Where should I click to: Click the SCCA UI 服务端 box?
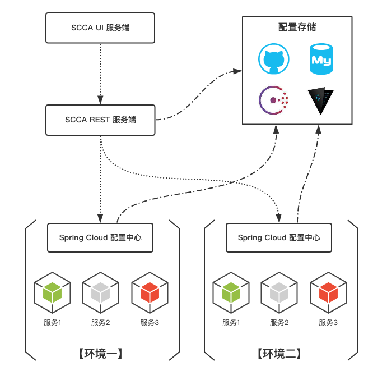[x=100, y=27]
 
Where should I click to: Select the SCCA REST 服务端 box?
[x=100, y=120]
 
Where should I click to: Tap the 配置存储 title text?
[x=297, y=27]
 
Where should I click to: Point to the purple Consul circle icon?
[x=274, y=100]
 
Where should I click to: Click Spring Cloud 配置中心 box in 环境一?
[x=100, y=237]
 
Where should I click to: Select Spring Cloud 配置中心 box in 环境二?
[x=279, y=237]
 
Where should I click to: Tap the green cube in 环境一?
[x=52, y=292]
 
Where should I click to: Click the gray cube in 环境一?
[x=100, y=292]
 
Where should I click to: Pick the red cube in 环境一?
[x=150, y=292]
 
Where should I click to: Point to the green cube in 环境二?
[x=231, y=292]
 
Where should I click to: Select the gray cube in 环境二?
[x=279, y=292]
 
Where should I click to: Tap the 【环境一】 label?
[x=101, y=354]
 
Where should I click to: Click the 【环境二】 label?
[x=279, y=354]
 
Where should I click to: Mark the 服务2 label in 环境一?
[x=100, y=323]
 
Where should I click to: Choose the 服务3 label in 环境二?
[x=328, y=323]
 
